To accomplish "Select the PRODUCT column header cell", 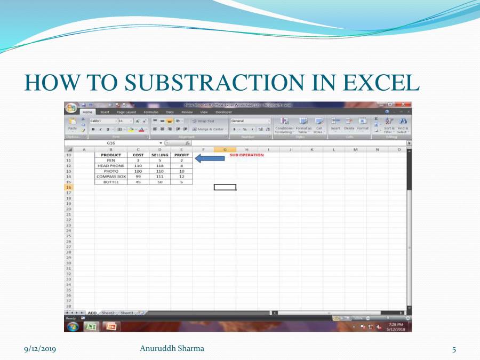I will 111,155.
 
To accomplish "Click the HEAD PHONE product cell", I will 111,166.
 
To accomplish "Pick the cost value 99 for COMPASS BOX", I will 138,177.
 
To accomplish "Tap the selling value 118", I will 160,166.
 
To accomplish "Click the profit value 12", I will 181,177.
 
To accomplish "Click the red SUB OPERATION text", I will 246,155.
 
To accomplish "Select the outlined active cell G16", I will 225,187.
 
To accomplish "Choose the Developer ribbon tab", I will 223,112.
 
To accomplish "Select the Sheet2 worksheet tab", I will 108,313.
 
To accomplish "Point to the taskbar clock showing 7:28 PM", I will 395,326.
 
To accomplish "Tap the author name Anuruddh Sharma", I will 171,348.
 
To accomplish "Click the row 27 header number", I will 69,247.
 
